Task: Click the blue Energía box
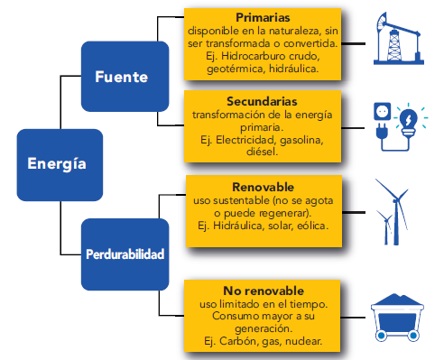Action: (x=57, y=163)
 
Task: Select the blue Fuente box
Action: (x=122, y=78)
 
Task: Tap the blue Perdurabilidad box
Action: (x=125, y=254)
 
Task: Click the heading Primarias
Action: (x=262, y=17)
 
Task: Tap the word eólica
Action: (x=312, y=225)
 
